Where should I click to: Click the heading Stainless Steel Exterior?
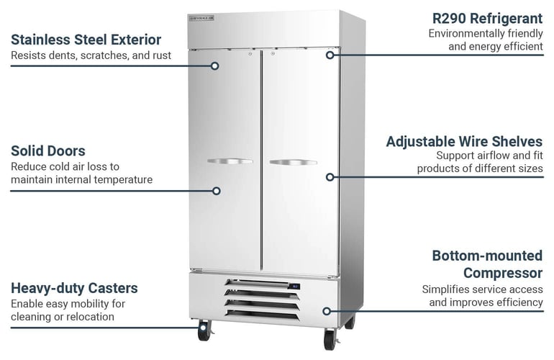(x=86, y=39)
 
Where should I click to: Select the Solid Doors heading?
(x=48, y=150)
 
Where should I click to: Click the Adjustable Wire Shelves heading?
(x=464, y=141)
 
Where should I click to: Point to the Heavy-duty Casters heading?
(x=74, y=288)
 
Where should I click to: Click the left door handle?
(x=230, y=161)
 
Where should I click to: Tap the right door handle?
(x=293, y=162)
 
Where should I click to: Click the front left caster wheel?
(x=204, y=332)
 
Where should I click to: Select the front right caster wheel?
(x=330, y=338)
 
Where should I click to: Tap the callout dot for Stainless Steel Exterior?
(x=214, y=66)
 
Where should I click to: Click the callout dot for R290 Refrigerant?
(x=330, y=54)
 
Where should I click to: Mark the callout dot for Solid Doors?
(x=215, y=191)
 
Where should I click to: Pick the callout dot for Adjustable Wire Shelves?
(x=330, y=176)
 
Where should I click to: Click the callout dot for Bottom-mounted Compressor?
(x=327, y=312)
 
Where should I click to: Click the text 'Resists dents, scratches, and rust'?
(x=91, y=55)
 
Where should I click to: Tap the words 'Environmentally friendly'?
(x=486, y=33)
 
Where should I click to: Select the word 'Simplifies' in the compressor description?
(x=446, y=289)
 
